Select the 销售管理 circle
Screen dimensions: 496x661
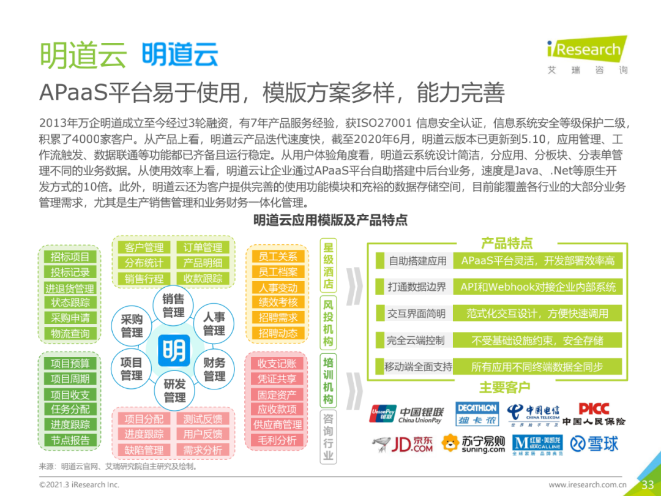pyautogui.click(x=173, y=306)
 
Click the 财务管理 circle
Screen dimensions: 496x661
pyautogui.click(x=214, y=369)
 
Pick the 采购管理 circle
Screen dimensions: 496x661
pyautogui.click(x=132, y=326)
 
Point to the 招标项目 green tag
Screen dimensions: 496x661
pyautogui.click(x=70, y=257)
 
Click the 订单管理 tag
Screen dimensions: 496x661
pyautogui.click(x=203, y=247)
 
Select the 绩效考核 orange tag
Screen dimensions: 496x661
pyautogui.click(x=278, y=302)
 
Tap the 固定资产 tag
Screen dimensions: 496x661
pyautogui.click(x=277, y=395)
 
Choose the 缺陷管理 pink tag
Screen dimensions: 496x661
pyautogui.click(x=144, y=450)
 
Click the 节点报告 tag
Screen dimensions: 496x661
pyautogui.click(x=70, y=440)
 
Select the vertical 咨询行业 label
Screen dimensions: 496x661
pyautogui.click(x=329, y=437)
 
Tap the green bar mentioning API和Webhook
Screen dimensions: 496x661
pyautogui.click(x=538, y=287)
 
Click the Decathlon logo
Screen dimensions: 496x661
pyautogui.click(x=477, y=414)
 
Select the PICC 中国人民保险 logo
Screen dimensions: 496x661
pyautogui.click(x=594, y=414)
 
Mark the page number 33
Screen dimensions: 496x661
pyautogui.click(x=648, y=484)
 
